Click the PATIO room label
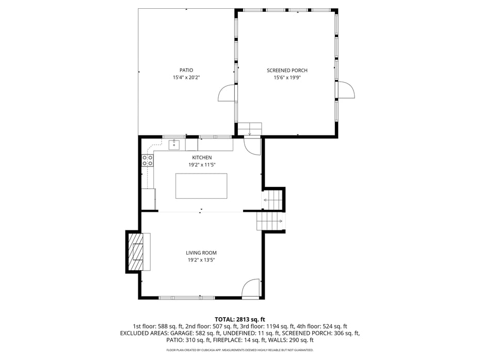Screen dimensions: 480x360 pos(186,70)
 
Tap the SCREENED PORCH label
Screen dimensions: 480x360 pos(287,70)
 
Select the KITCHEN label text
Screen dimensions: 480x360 pos(202,158)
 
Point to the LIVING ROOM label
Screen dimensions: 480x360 pos(201,253)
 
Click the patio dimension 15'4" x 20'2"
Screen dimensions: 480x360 pos(186,77)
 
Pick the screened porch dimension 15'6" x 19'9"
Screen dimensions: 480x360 pos(287,78)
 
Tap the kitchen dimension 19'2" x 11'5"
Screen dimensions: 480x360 pos(202,165)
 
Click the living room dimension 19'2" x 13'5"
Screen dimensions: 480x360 pos(201,260)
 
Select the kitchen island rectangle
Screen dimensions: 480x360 pos(201,186)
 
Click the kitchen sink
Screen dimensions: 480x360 pos(174,145)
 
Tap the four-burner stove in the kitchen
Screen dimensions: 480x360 pos(147,160)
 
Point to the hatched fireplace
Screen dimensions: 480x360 pos(136,252)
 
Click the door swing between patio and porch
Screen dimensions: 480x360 pos(227,92)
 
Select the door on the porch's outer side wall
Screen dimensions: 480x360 pos(346,90)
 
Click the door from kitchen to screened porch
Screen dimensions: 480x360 pos(252,147)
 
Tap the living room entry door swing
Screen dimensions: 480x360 pos(251,288)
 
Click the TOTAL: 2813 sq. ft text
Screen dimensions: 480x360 pos(239,320)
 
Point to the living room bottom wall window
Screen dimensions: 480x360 pos(187,298)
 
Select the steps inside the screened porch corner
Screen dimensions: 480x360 pos(250,129)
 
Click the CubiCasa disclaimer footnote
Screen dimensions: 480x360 pos(239,350)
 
